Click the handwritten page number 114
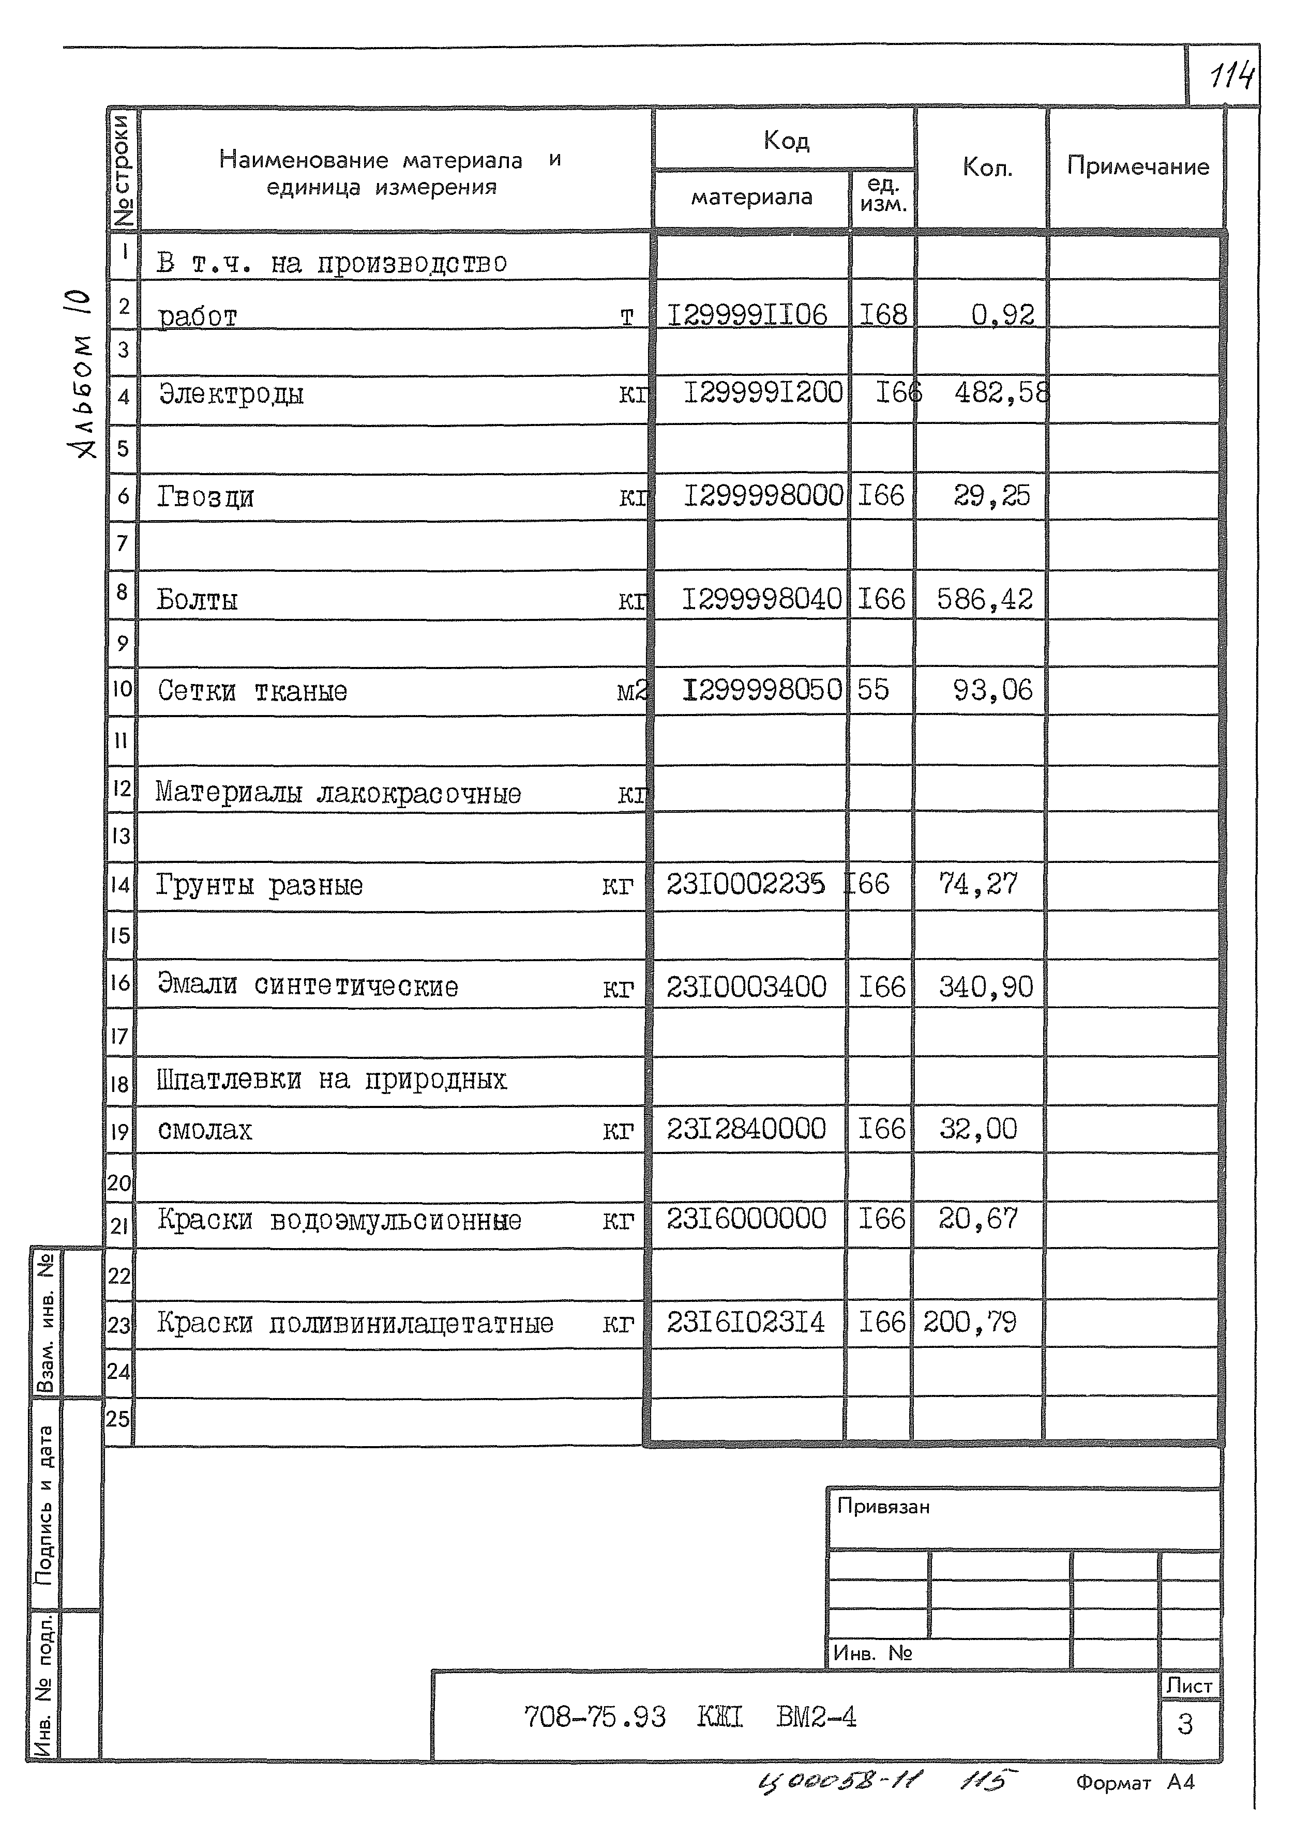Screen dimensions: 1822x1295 pyautogui.click(x=1230, y=78)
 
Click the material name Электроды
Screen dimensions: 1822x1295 pyautogui.click(x=231, y=394)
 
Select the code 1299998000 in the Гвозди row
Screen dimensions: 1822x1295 pyautogui.click(x=762, y=496)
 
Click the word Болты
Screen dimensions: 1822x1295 pyautogui.click(x=197, y=599)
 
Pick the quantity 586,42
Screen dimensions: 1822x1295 pyautogui.click(x=984, y=599)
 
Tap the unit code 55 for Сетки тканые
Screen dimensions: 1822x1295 pyautogui.click(x=872, y=689)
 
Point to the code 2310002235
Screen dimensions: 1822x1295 pyautogui.click(x=746, y=884)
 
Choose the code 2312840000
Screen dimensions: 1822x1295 pyautogui.click(x=746, y=1129)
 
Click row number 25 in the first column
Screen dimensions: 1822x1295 pyautogui.click(x=118, y=1419)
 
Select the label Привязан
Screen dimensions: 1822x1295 pyautogui.click(x=883, y=1507)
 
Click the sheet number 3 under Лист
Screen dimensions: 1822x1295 pyautogui.click(x=1184, y=1724)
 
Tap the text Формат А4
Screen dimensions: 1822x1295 pyautogui.click(x=1135, y=1782)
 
